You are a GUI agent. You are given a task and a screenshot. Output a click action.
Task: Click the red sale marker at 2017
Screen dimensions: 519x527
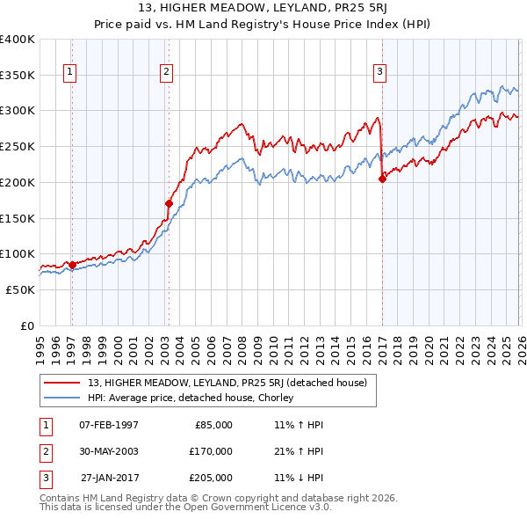point(382,179)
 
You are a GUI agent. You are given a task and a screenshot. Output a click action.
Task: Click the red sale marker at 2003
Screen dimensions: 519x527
point(169,203)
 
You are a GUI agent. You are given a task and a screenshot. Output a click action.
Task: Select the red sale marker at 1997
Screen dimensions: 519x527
point(71,264)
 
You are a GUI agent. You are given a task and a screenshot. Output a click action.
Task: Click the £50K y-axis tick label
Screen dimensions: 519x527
point(20,289)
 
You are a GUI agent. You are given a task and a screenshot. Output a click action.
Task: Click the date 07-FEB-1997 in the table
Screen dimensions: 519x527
point(109,425)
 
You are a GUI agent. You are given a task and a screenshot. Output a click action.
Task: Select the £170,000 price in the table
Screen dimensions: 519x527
point(211,451)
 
